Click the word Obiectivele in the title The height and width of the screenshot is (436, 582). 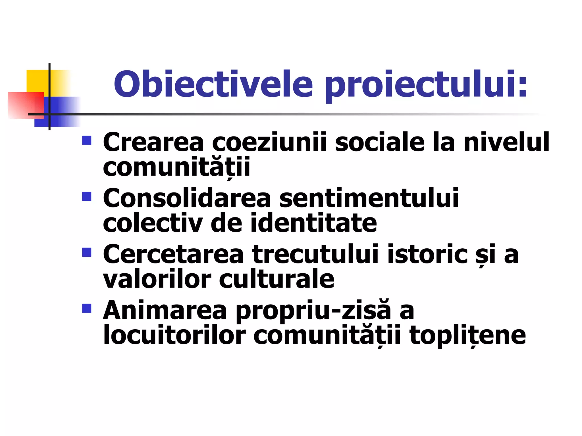pyautogui.click(x=213, y=84)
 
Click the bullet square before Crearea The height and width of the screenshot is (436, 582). pyautogui.click(x=87, y=140)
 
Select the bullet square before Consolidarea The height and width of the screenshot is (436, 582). pyautogui.click(x=87, y=196)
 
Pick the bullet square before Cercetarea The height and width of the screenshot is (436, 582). pyautogui.click(x=87, y=252)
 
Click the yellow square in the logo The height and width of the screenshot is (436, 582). pyautogui.click(x=37, y=81)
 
